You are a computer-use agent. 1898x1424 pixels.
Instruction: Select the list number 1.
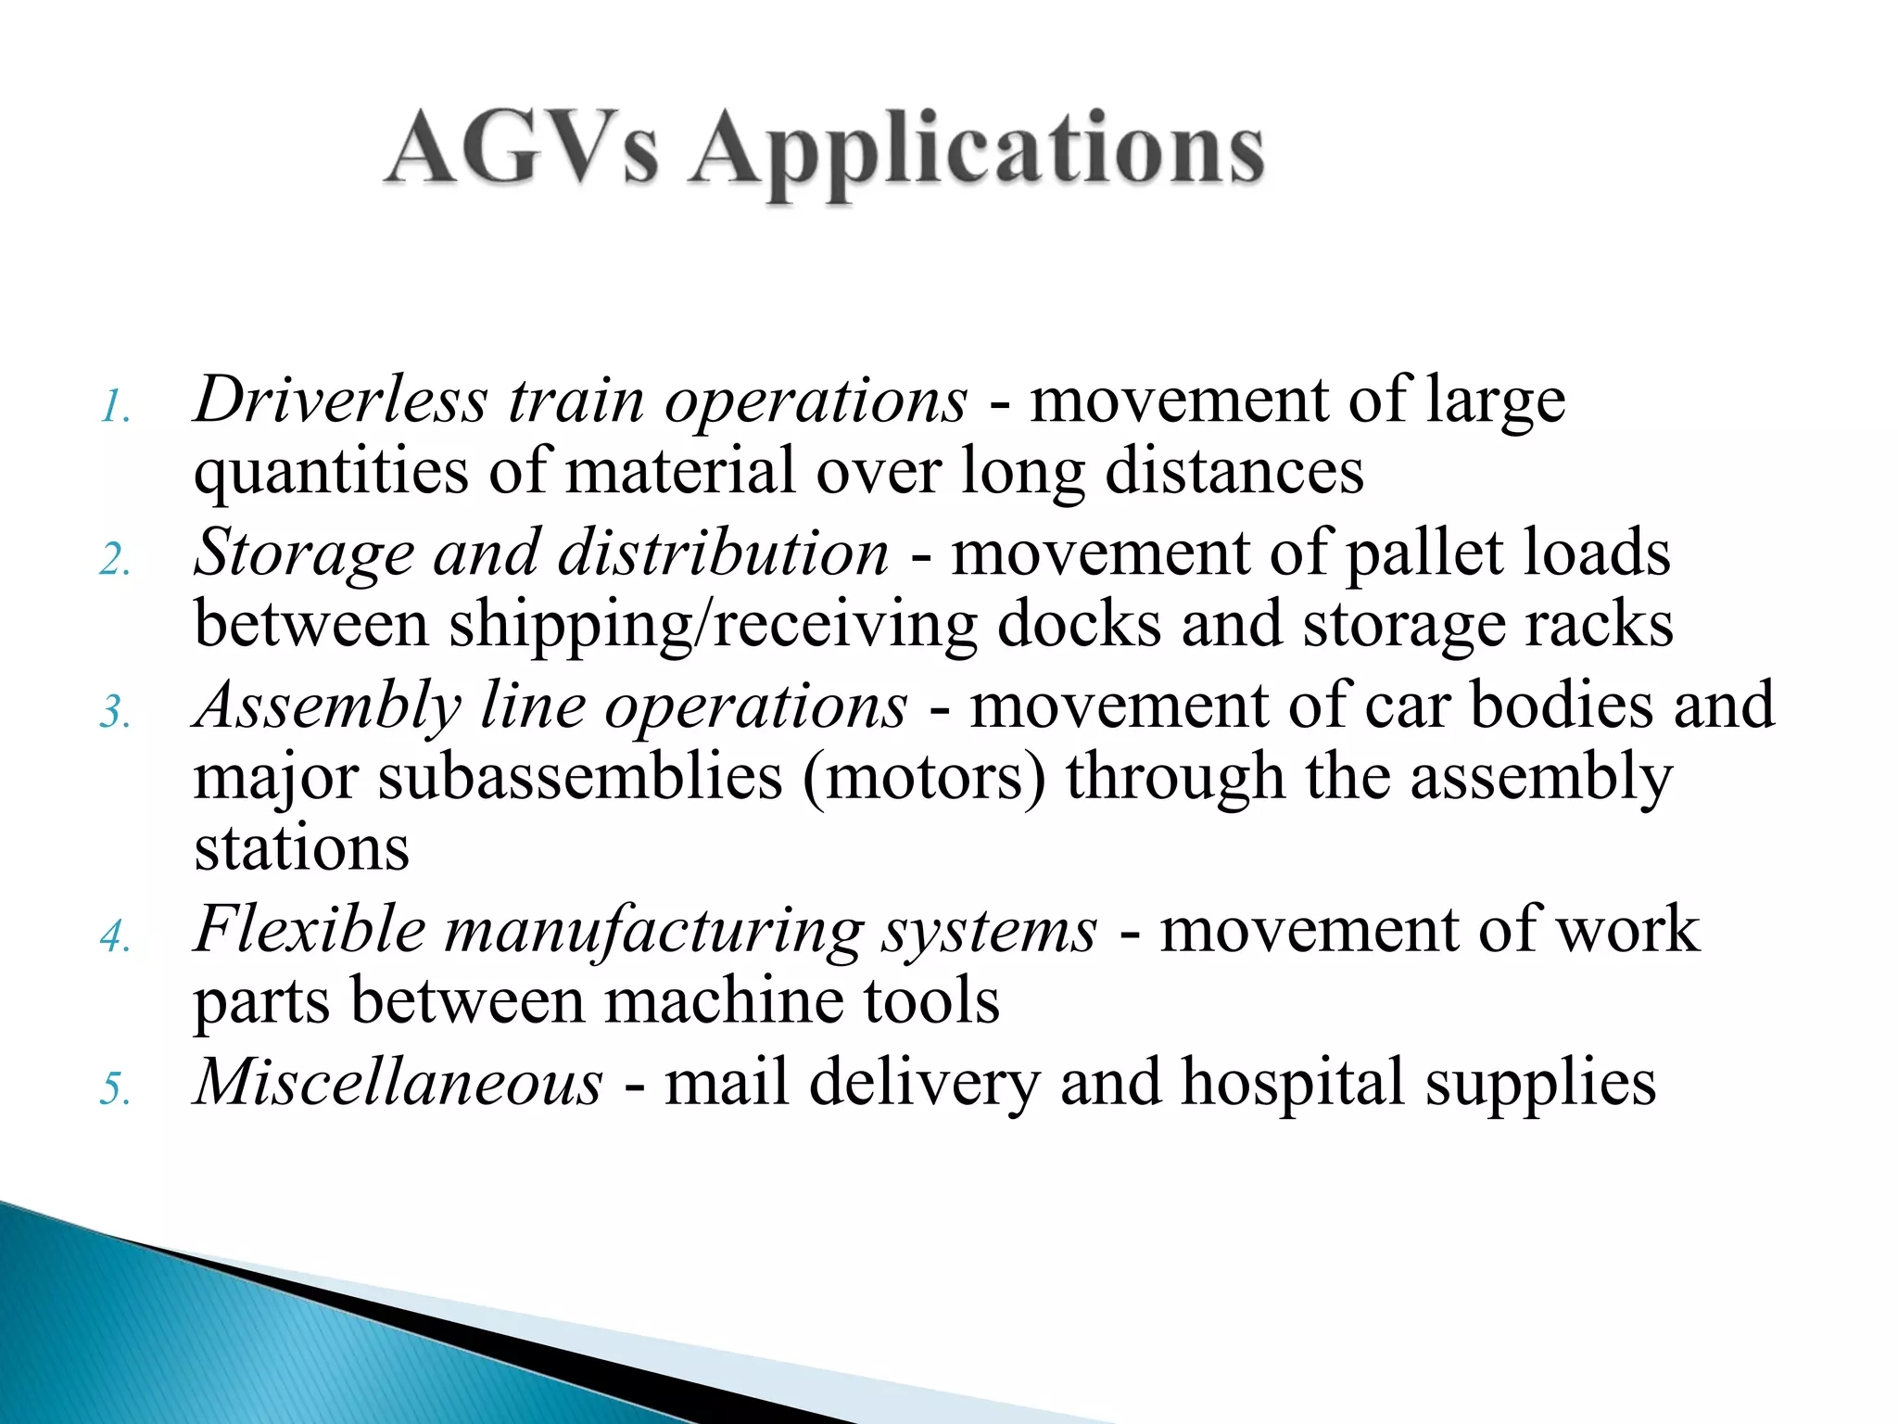(x=115, y=407)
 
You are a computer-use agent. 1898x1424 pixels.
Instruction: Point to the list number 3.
(x=115, y=713)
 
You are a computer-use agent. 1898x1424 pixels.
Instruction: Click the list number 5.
(x=115, y=1088)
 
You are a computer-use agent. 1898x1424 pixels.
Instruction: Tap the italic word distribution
(x=723, y=553)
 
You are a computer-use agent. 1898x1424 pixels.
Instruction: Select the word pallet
(x=1423, y=553)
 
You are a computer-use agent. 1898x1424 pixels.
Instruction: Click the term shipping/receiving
(x=713, y=625)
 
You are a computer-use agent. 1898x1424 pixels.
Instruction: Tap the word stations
(x=301, y=847)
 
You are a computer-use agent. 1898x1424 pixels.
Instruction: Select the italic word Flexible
(x=310, y=929)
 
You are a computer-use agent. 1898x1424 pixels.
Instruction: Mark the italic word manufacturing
(x=654, y=931)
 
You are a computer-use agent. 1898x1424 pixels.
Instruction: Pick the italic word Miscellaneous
(x=399, y=1082)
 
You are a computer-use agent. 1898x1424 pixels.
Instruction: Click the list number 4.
(x=115, y=935)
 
